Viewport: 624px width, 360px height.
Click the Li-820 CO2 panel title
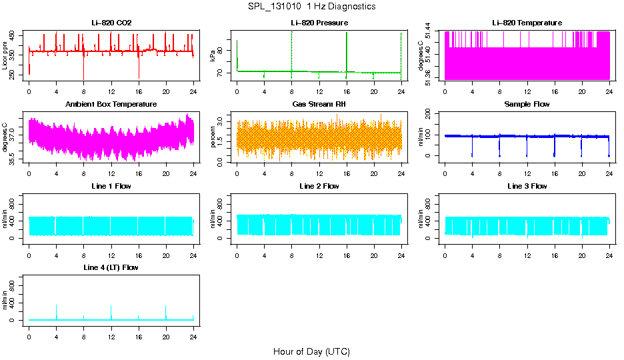111,23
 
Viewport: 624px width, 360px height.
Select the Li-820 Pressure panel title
319,23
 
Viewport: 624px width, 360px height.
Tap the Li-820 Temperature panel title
527,23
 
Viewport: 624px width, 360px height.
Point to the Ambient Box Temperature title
111,105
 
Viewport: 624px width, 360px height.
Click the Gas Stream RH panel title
319,105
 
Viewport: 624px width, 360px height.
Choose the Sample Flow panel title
527,105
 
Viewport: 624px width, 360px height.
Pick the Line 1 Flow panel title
111,186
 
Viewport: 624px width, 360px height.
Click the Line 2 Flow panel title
319,186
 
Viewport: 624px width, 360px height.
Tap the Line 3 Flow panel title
527,186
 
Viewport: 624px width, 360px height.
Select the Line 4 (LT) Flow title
111,267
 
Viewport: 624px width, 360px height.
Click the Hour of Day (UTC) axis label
311,351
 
